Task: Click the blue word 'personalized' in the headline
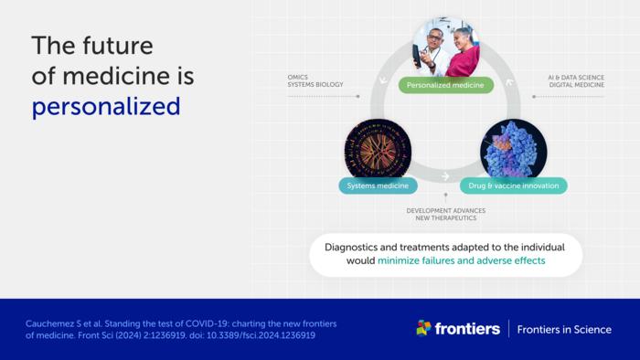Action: pyautogui.click(x=105, y=106)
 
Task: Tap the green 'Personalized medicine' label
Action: pyautogui.click(x=445, y=85)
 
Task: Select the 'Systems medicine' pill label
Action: pyautogui.click(x=379, y=185)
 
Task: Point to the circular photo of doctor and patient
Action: pyautogui.click(x=445, y=48)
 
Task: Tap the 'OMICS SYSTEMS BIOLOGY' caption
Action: pyautogui.click(x=315, y=81)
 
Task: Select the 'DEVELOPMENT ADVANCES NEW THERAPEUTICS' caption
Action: pyautogui.click(x=446, y=215)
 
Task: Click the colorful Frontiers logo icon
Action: pyautogui.click(x=423, y=328)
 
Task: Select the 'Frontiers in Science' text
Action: pyautogui.click(x=564, y=329)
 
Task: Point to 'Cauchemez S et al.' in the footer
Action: pyautogui.click(x=63, y=323)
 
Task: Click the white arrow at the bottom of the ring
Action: pyautogui.click(x=445, y=176)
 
